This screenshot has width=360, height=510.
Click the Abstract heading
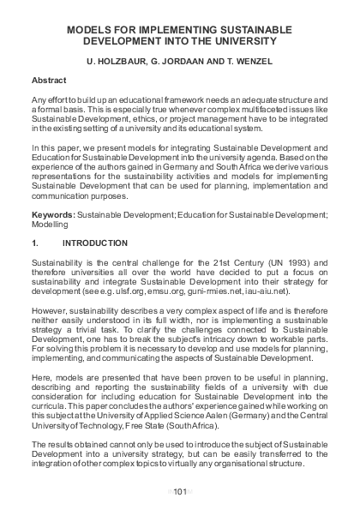tap(49, 79)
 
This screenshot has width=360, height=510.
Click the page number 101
tap(179, 490)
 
